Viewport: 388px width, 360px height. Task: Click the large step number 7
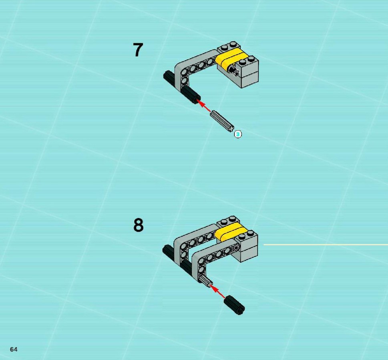coord(138,50)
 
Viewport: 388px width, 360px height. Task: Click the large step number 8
coord(138,225)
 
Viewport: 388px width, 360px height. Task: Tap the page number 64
coord(14,349)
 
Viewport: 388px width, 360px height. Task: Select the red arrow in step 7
coord(204,106)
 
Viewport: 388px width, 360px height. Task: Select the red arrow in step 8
coord(217,291)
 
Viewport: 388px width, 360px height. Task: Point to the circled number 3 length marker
coord(238,134)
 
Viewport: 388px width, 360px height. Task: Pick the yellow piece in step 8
coord(229,232)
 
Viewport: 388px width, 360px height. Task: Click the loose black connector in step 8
coord(234,305)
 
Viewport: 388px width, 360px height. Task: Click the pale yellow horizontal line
coord(326,245)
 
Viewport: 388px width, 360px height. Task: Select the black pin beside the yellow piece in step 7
coord(233,70)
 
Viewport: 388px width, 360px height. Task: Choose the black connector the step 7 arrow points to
coord(191,95)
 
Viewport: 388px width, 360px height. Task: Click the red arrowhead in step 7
coord(199,101)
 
